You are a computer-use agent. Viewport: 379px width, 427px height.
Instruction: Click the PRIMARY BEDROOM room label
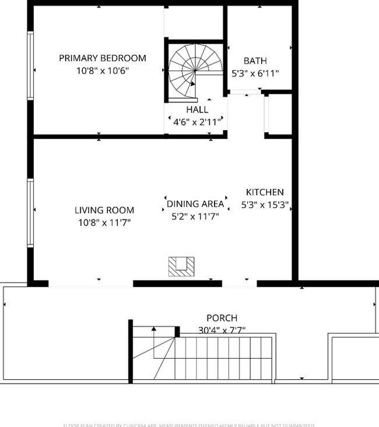coord(103,58)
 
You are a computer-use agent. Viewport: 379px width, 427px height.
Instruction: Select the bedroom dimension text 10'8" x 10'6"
coord(103,71)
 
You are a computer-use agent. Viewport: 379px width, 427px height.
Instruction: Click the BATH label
coord(255,61)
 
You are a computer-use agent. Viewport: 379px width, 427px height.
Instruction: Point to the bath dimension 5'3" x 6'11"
coord(255,73)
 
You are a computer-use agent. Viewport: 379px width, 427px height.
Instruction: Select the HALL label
coord(197,110)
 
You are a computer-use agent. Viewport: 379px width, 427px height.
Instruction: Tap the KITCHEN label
coord(265,192)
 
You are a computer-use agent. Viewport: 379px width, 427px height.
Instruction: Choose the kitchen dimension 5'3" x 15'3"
coord(265,205)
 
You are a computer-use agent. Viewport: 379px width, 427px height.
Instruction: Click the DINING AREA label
coord(195,204)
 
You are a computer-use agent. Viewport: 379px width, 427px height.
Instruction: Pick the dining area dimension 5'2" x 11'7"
coord(195,216)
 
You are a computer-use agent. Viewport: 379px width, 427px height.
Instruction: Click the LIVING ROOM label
coord(104,210)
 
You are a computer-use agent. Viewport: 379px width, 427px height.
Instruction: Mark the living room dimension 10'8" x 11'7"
coord(104,222)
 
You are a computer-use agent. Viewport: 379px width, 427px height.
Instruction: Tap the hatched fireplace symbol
coord(181,267)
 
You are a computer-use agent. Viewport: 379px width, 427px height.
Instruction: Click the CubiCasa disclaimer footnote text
coord(189,425)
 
